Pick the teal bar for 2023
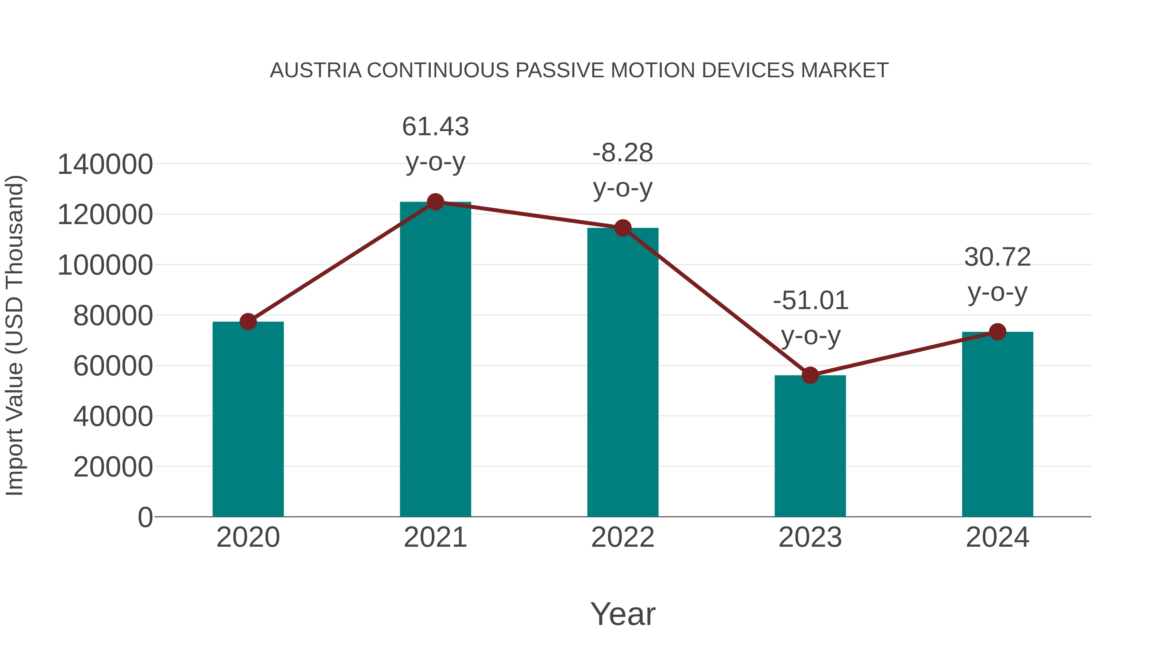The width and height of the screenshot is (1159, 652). [x=810, y=446]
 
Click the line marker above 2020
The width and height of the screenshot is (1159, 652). [x=248, y=322]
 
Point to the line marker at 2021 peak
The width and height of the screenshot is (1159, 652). [x=435, y=202]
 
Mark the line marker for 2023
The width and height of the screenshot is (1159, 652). [x=810, y=375]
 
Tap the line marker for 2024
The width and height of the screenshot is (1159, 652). [x=997, y=332]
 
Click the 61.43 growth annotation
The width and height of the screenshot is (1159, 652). [x=435, y=127]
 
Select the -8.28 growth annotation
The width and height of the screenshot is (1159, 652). [x=622, y=153]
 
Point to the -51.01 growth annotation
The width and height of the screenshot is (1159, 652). [x=810, y=301]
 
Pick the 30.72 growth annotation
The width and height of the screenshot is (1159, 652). [x=997, y=257]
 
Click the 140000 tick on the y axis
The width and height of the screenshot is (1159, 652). [x=105, y=164]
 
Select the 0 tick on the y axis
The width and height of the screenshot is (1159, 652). [x=145, y=517]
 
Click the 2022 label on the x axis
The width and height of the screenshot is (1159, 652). [x=622, y=537]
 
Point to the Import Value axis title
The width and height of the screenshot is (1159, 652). [x=14, y=335]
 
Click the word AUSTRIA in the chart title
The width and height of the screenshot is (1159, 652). [x=316, y=71]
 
